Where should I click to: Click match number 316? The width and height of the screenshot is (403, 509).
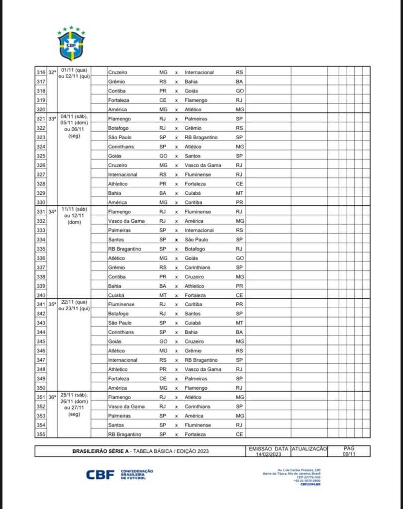41,73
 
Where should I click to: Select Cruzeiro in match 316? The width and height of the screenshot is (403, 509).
118,73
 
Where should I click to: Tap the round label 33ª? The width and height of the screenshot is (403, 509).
52,119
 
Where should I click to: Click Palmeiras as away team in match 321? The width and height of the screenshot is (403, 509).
197,119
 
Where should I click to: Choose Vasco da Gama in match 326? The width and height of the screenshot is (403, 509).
201,166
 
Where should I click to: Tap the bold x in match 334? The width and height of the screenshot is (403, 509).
176,240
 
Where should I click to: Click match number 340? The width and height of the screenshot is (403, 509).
41,295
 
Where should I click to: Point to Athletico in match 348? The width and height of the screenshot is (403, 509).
118,370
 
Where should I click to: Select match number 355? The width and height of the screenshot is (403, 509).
41,434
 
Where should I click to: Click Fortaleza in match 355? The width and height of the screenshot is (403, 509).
195,434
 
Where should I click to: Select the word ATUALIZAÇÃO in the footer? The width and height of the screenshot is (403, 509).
309,448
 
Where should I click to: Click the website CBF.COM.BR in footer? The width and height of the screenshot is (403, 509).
310,484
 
